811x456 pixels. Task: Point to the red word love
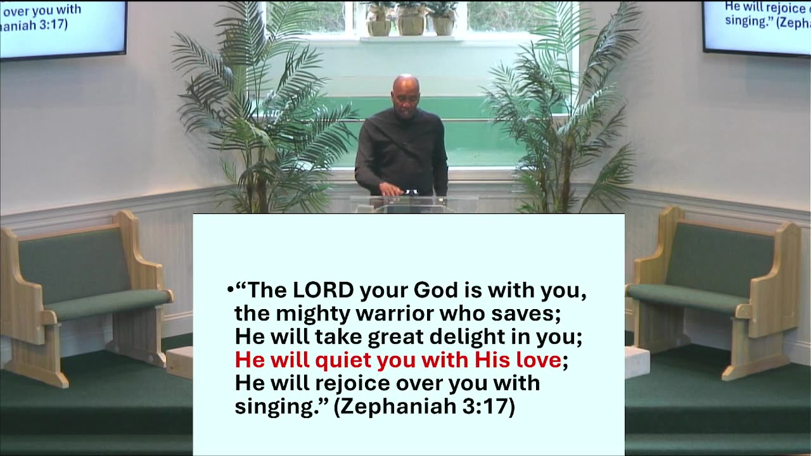[538, 360]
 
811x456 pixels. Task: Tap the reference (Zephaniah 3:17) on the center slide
[424, 407]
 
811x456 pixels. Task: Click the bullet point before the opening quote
[229, 291]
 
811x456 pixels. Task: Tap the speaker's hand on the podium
[388, 189]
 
